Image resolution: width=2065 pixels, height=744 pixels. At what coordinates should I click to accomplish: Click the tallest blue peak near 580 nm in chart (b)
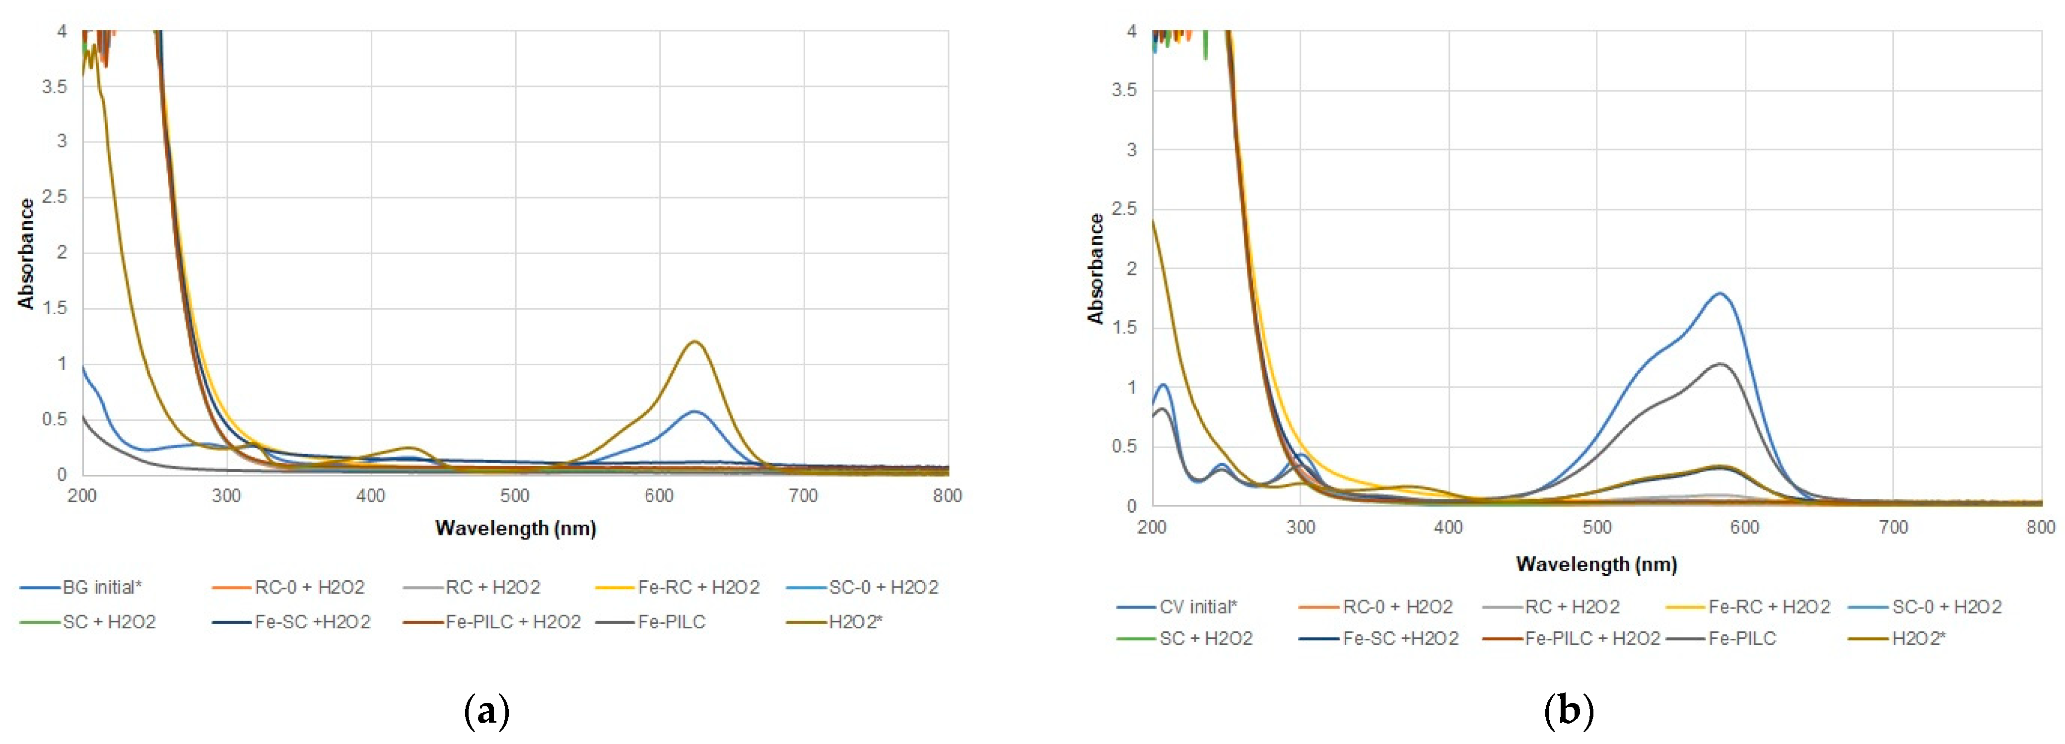coord(1719,293)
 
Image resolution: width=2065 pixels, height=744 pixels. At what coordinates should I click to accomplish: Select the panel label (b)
coord(1568,710)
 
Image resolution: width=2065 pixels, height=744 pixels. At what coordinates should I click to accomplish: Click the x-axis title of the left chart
coord(515,528)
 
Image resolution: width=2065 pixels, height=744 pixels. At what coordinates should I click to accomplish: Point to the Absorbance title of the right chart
coord(1095,269)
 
